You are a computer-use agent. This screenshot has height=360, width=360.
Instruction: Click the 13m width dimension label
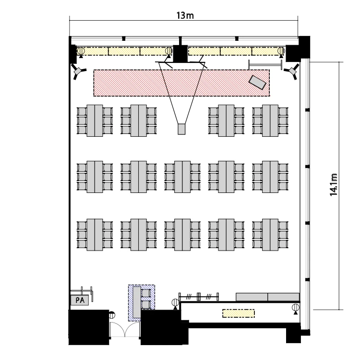[x=185, y=15]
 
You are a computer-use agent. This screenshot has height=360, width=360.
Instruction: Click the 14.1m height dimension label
[x=334, y=185]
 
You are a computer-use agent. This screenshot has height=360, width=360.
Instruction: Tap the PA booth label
[x=80, y=300]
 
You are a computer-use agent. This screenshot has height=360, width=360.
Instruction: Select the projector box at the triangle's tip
[x=181, y=129]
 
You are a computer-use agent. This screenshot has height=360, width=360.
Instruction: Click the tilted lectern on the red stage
[x=258, y=82]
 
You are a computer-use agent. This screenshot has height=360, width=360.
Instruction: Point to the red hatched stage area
[x=181, y=83]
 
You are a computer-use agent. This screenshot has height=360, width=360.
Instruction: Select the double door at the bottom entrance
[x=125, y=329]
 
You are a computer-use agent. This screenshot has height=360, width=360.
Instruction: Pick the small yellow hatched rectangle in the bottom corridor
[x=239, y=313]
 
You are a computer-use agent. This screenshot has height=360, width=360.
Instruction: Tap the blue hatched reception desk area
[x=142, y=303]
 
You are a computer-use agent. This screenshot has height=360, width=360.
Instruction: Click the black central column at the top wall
[x=180, y=53]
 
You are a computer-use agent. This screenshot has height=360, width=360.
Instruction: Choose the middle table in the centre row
[x=182, y=177]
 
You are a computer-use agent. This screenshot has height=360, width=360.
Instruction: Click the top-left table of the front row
[x=95, y=121]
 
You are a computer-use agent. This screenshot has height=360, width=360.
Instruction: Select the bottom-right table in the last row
[x=270, y=235]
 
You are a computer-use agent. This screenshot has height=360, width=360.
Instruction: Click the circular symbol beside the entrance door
[x=112, y=315]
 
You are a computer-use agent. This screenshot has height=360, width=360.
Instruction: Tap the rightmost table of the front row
[x=270, y=121]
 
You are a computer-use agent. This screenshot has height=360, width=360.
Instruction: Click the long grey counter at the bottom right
[x=268, y=297]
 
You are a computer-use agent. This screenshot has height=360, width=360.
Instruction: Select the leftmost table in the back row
[x=95, y=235]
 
